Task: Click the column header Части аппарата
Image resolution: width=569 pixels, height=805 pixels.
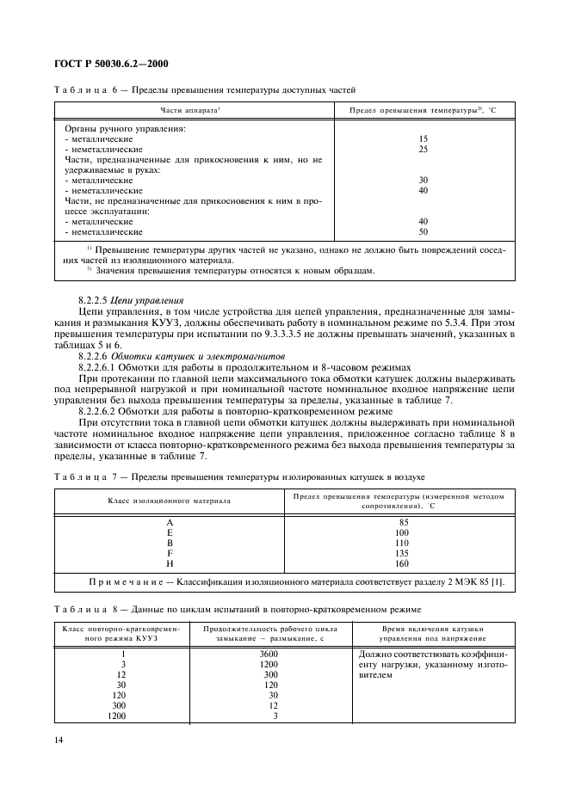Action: [x=191, y=110]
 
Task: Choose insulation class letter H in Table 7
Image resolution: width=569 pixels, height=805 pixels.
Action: [x=169, y=563]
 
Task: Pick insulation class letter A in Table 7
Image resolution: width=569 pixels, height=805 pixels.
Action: [x=169, y=522]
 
